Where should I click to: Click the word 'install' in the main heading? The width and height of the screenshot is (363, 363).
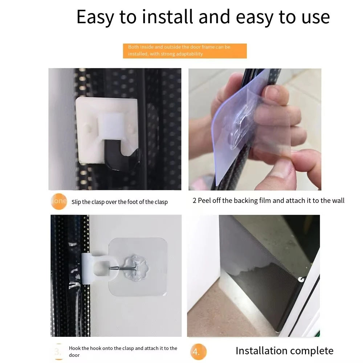click(x=167, y=17)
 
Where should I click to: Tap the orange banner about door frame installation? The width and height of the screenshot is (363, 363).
click(x=185, y=51)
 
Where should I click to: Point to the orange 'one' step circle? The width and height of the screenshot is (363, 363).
click(x=59, y=201)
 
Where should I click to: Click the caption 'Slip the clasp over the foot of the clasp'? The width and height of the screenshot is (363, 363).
click(x=119, y=202)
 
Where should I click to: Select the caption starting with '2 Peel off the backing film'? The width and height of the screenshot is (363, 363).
click(x=268, y=200)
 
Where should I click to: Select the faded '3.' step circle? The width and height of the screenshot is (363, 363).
click(x=58, y=352)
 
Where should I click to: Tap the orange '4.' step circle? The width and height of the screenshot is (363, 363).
click(x=198, y=351)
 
